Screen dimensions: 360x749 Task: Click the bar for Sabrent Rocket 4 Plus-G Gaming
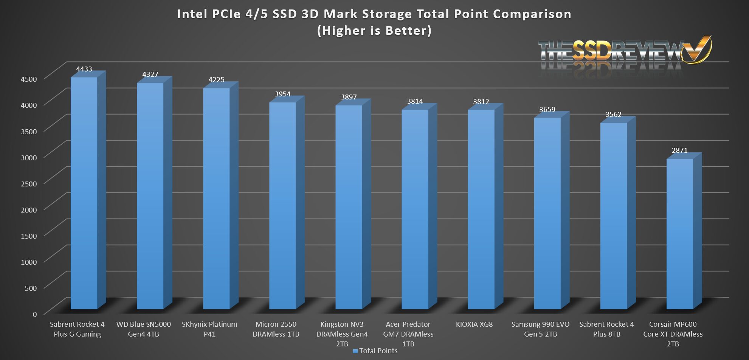(84, 193)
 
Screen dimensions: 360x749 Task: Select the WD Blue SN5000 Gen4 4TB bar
(150, 196)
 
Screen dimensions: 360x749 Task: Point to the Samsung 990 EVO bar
(547, 213)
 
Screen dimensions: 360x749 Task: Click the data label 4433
(84, 69)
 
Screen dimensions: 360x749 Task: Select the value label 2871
(679, 150)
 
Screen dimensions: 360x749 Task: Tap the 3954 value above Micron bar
(282, 94)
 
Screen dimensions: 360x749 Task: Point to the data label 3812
(481, 101)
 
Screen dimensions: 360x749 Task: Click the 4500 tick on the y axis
(29, 79)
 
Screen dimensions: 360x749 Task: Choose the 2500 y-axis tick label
(29, 184)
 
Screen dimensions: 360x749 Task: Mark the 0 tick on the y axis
(35, 314)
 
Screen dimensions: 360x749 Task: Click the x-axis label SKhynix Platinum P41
(209, 329)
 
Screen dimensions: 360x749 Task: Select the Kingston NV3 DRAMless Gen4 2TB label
(342, 334)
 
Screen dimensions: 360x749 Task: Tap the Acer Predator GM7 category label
(408, 334)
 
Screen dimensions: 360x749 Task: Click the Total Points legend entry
(375, 351)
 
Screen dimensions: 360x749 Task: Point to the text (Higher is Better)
(374, 30)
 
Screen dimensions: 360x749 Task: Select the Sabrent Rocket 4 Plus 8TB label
(606, 329)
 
